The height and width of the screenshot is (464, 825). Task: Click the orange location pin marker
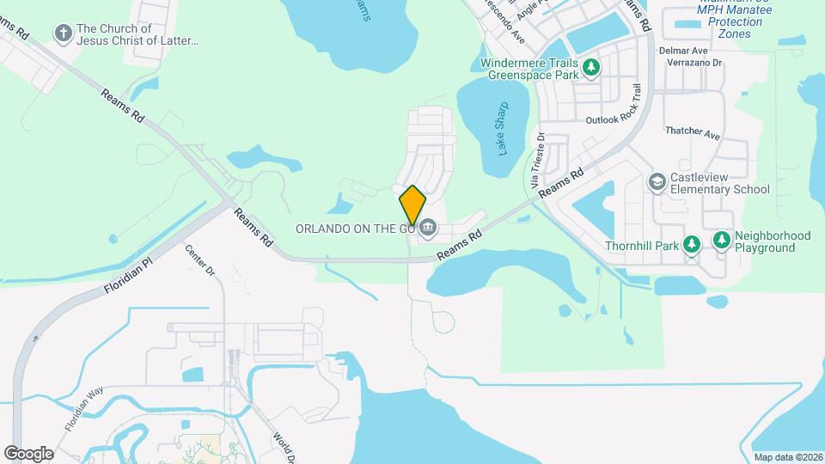pos(412,205)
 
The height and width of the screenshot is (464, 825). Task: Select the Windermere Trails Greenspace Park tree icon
pos(590,67)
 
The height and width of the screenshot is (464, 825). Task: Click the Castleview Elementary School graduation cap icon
pos(657,182)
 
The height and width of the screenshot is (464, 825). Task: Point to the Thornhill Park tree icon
pos(691,244)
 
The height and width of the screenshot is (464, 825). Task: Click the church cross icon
pos(62,34)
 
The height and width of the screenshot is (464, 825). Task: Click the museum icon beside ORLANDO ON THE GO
pos(428,229)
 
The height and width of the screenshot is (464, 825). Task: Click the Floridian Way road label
pos(83,408)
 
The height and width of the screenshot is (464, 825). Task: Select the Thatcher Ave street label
pos(692,133)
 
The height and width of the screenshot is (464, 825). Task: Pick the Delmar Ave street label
pos(677,51)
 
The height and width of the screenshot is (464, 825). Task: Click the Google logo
pos(29,453)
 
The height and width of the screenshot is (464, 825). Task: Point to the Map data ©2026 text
pos(787,457)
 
